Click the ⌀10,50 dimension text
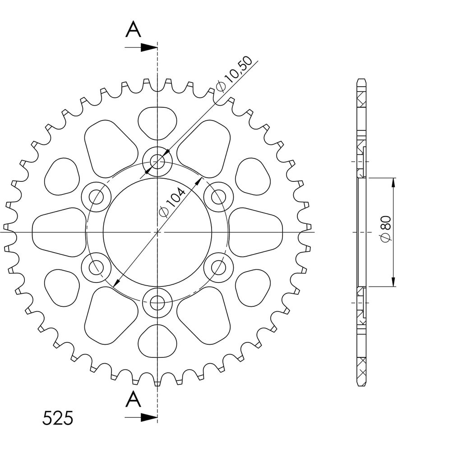tap(235, 74)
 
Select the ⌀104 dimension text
tap(172, 203)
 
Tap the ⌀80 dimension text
tap(386, 229)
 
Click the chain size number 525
tap(58, 418)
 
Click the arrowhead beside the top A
tap(148, 47)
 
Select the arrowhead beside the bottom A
tap(148, 417)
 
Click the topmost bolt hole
tap(157, 161)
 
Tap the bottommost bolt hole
tap(157, 302)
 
